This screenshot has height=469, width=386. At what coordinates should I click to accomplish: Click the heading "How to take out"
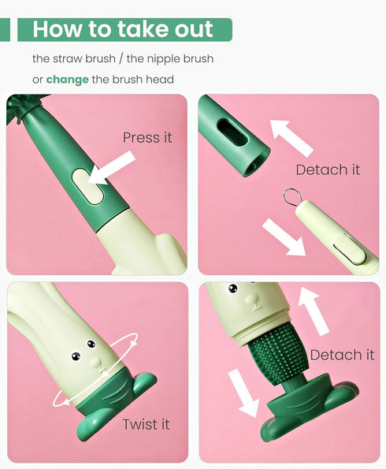pyautogui.click(x=123, y=30)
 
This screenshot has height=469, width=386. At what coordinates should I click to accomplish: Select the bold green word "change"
pyautogui.click(x=67, y=80)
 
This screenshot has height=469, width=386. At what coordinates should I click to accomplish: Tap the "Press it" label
pyautogui.click(x=147, y=137)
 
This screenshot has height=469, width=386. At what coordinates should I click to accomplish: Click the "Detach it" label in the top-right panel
pyautogui.click(x=328, y=169)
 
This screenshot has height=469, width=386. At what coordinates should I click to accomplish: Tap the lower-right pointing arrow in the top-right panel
pyautogui.click(x=284, y=236)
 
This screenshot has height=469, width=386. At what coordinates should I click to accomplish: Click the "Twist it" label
pyautogui.click(x=147, y=425)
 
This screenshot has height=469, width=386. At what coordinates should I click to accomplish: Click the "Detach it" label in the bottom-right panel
pyautogui.click(x=342, y=355)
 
